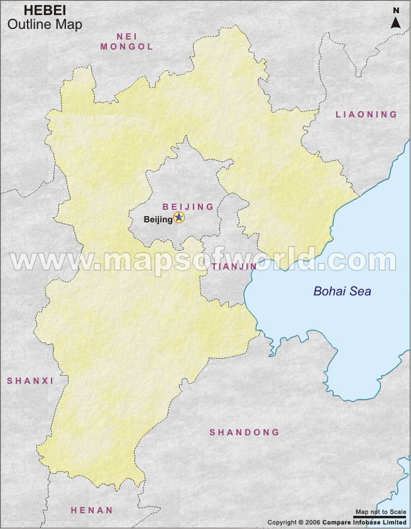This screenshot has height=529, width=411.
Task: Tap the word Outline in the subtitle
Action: pyautogui.click(x=26, y=25)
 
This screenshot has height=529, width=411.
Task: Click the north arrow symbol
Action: pyautogui.click(x=396, y=22)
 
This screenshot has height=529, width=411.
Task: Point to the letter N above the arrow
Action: pyautogui.click(x=396, y=10)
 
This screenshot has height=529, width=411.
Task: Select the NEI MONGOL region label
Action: pyautogui.click(x=127, y=41)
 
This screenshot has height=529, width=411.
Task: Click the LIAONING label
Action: pyautogui.click(x=366, y=114)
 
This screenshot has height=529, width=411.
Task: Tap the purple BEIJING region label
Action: pyautogui.click(x=188, y=207)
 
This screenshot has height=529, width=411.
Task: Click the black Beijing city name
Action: pyautogui.click(x=158, y=219)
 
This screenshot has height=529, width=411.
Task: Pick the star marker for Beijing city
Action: pyautogui.click(x=179, y=218)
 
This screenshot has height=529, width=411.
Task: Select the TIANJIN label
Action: pyautogui.click(x=234, y=266)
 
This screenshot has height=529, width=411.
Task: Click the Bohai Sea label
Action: pyautogui.click(x=342, y=292)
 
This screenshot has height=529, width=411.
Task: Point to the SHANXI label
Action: pyautogui.click(x=30, y=381)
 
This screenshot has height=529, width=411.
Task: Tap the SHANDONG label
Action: pyautogui.click(x=244, y=432)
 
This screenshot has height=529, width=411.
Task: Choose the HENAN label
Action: pyautogui.click(x=92, y=510)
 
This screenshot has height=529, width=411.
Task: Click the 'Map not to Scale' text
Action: pyautogui.click(x=381, y=512)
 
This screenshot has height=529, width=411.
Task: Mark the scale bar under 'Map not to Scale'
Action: pyautogui.click(x=381, y=517)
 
